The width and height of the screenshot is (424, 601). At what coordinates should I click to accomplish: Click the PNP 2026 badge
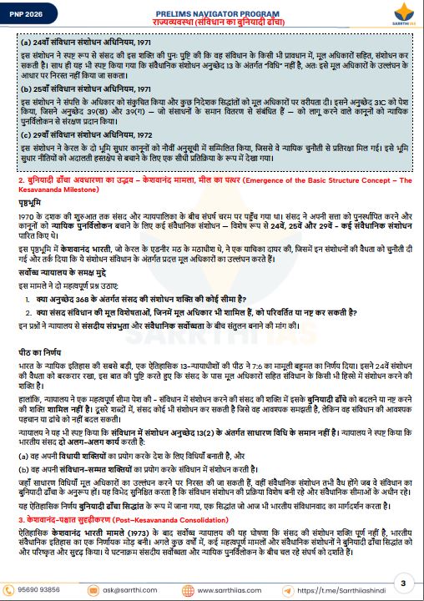pos(26,11)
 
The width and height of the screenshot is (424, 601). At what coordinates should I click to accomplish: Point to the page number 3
pos(402,582)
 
